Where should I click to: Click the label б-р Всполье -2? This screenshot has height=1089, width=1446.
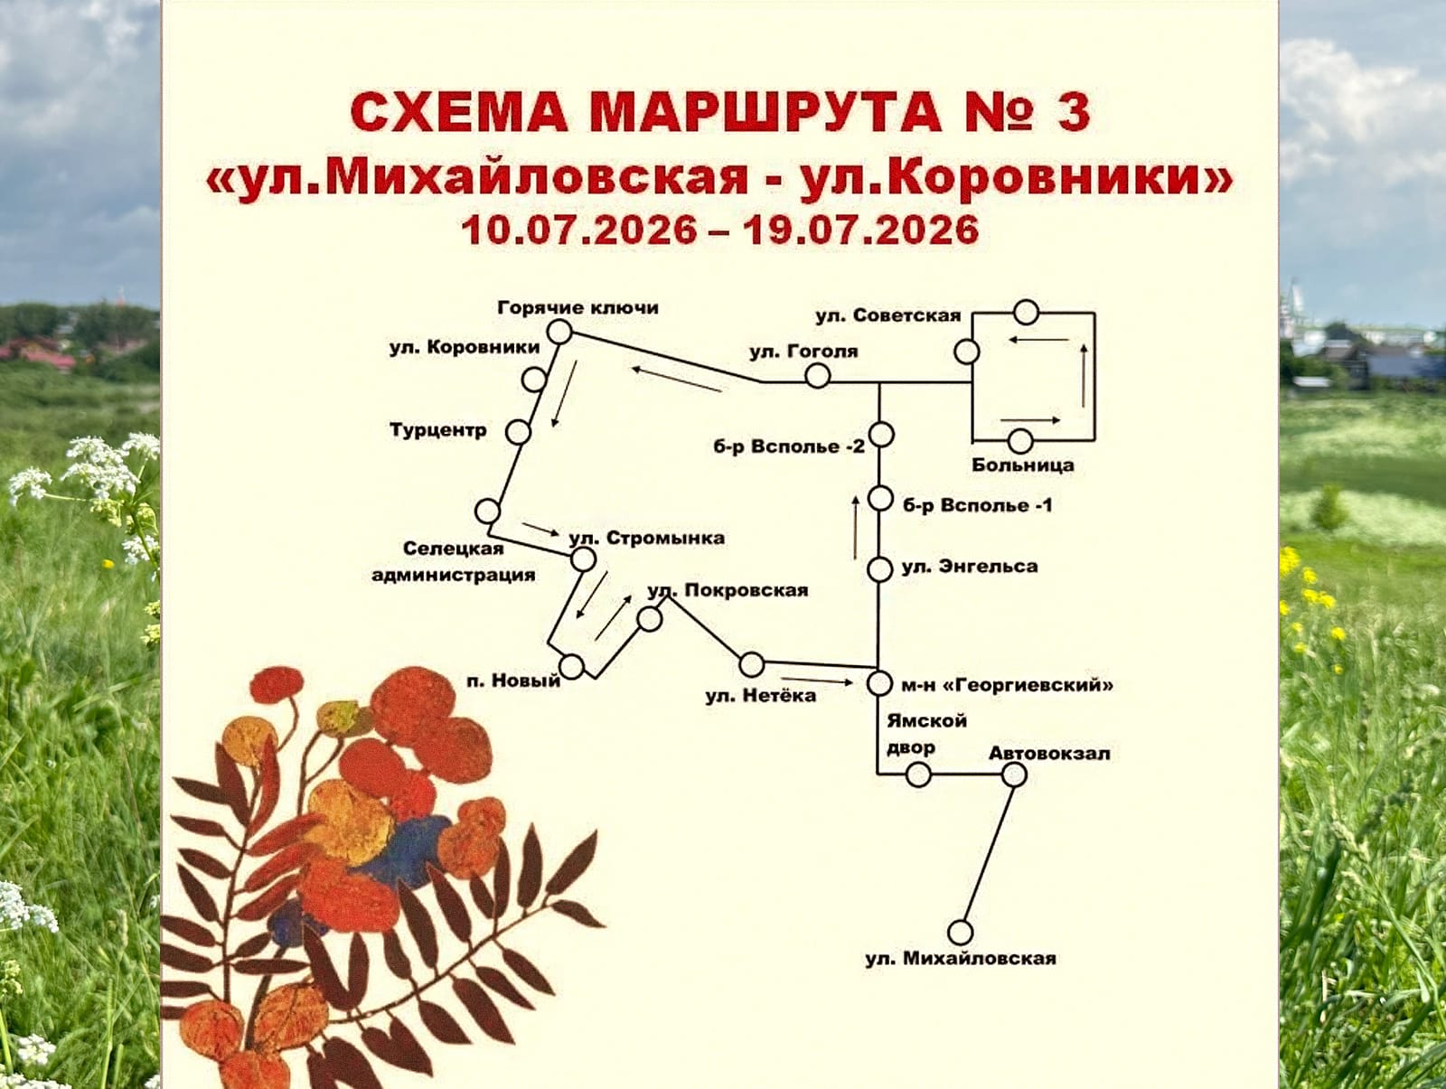(x=789, y=446)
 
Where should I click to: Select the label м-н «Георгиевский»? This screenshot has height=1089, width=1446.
(x=1008, y=685)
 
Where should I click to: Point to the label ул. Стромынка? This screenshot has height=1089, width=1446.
(x=647, y=538)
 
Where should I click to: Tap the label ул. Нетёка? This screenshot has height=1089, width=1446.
(x=761, y=696)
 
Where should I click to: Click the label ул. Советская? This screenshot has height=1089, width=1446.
(x=888, y=315)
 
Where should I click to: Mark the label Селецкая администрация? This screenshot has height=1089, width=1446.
(x=454, y=561)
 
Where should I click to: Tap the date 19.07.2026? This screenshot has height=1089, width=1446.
(x=861, y=230)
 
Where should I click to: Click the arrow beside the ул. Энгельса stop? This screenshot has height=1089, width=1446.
(x=856, y=528)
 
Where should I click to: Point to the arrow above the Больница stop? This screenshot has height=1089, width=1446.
(x=1030, y=419)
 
